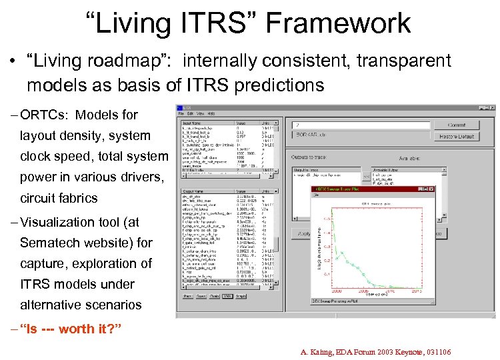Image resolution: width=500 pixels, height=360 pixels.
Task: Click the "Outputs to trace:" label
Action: pos(312,157)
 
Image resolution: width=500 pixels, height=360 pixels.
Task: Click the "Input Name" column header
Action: pos(193,122)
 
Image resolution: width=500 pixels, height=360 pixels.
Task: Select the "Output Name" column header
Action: pos(194,191)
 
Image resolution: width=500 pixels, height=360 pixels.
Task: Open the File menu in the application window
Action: pos(181,114)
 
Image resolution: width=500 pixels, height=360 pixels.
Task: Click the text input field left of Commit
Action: pos(358,125)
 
